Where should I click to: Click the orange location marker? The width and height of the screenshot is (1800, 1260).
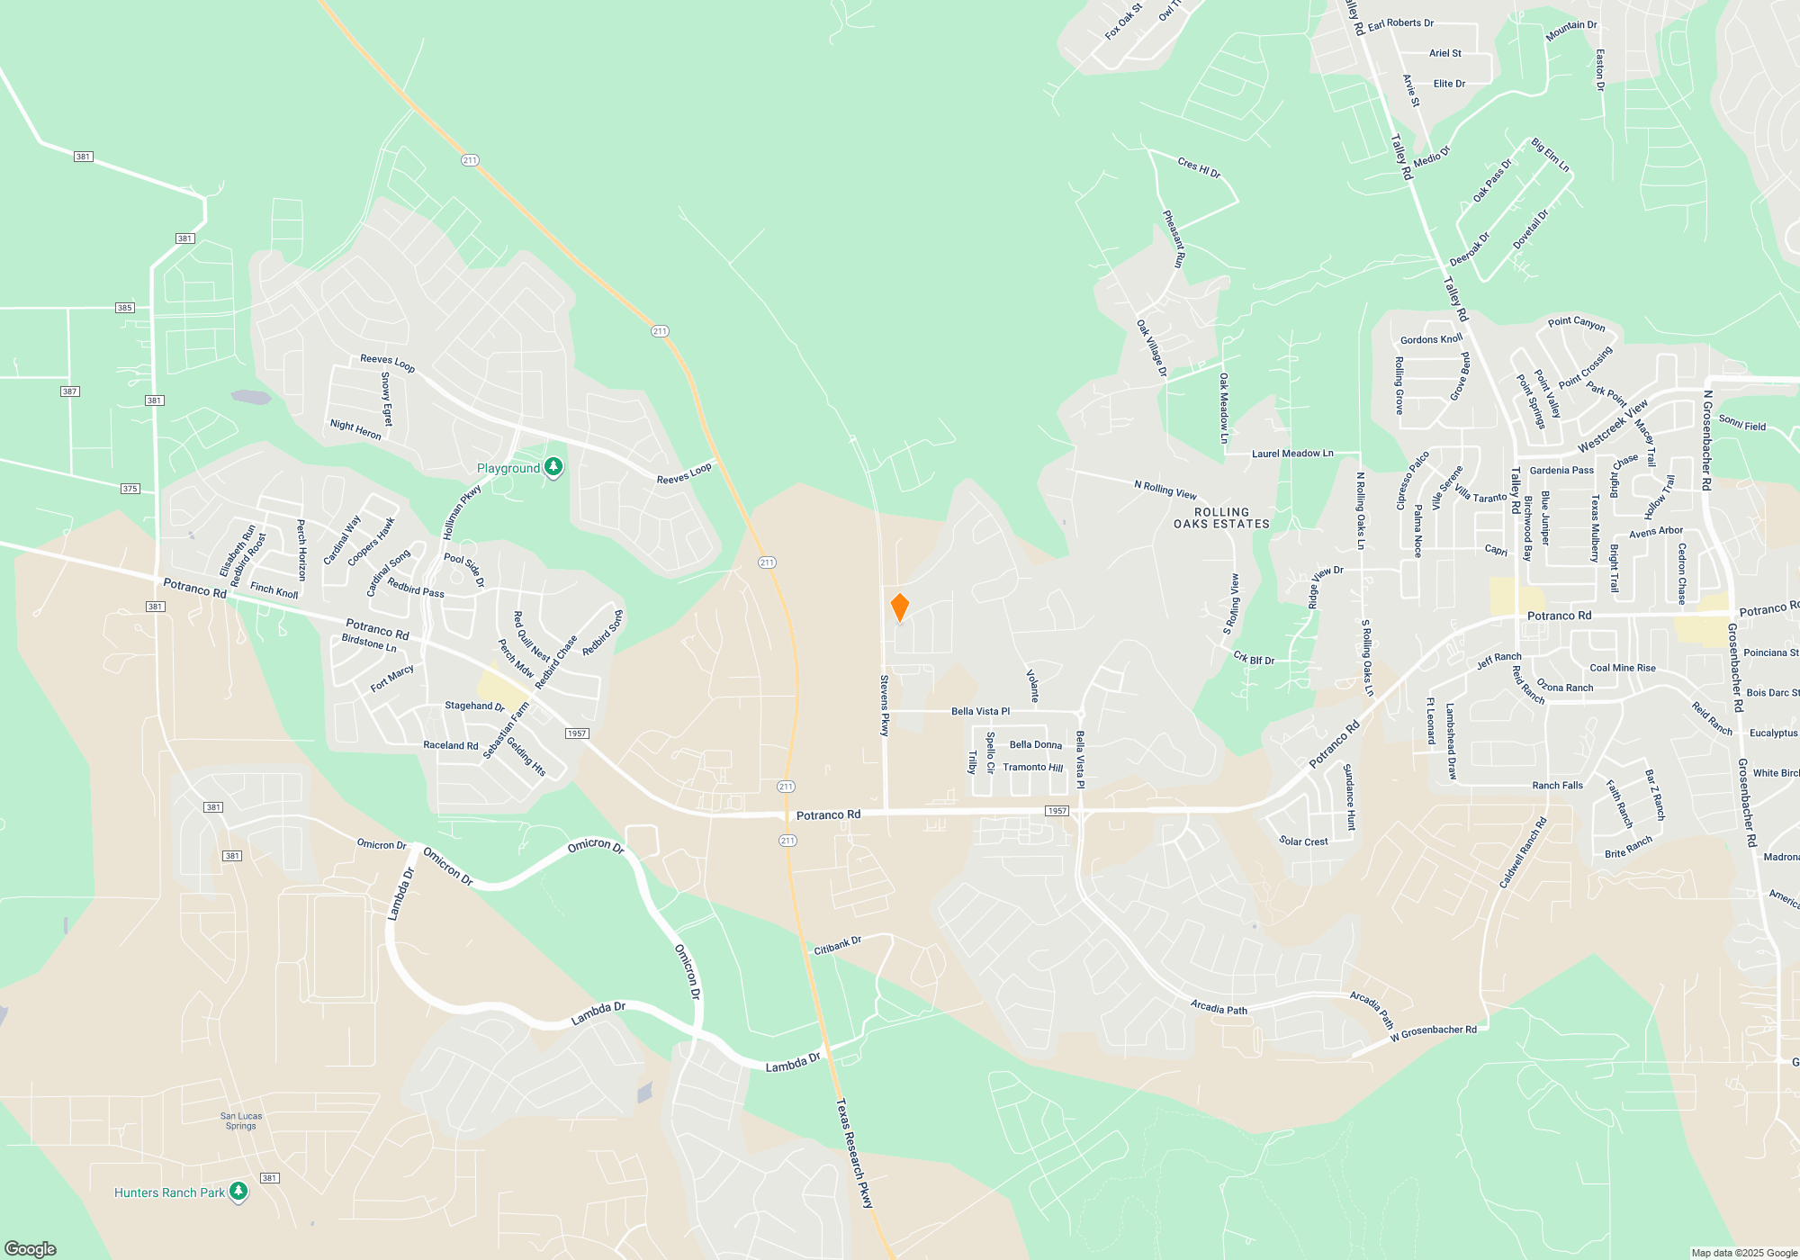point(899,607)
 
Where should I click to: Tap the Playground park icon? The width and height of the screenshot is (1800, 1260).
point(553,467)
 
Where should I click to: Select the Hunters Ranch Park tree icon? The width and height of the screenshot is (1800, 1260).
point(238,1192)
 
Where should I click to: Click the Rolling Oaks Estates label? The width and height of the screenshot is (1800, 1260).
point(1221,517)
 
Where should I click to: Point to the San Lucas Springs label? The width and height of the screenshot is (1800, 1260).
point(241,1120)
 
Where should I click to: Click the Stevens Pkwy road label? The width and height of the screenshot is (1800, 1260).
point(885,706)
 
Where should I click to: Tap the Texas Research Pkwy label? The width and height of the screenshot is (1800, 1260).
point(854,1152)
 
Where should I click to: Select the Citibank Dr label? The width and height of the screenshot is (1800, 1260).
point(837,945)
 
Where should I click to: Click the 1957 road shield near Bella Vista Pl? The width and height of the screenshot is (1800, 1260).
point(1057,811)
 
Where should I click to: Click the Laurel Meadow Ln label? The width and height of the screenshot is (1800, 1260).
point(1291,454)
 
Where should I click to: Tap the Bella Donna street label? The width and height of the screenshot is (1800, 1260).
point(1035,744)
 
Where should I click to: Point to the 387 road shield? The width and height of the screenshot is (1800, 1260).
point(70,391)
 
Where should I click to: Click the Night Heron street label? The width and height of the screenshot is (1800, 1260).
point(355,429)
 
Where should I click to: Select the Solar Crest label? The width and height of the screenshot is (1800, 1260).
point(1303,841)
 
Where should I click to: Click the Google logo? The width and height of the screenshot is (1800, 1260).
point(31,1248)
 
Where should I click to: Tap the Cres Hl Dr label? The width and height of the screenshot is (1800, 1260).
point(1199,167)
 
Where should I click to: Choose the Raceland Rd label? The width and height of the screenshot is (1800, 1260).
point(450,745)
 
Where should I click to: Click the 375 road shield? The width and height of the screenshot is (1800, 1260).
point(130,489)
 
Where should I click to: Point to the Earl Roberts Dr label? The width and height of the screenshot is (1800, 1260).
point(1400,23)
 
